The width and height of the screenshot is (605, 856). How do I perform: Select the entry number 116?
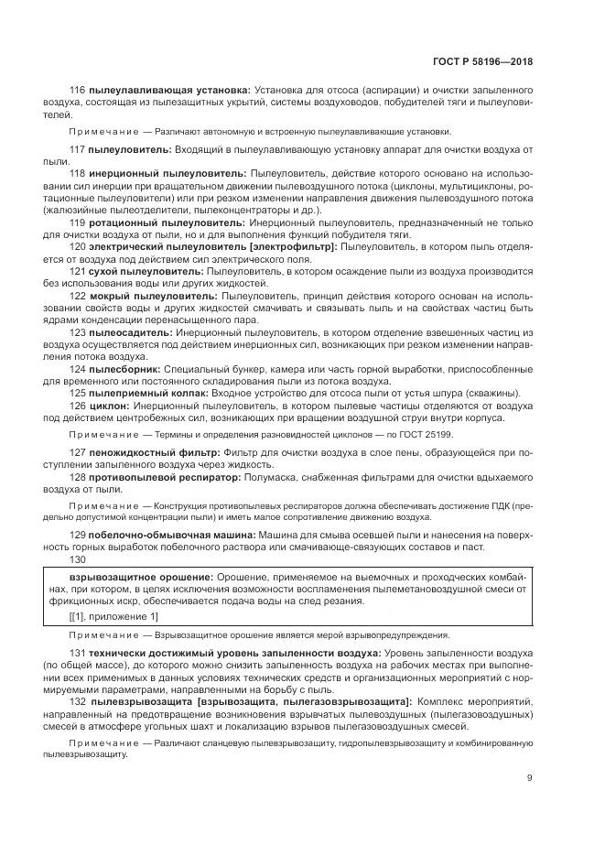76,89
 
